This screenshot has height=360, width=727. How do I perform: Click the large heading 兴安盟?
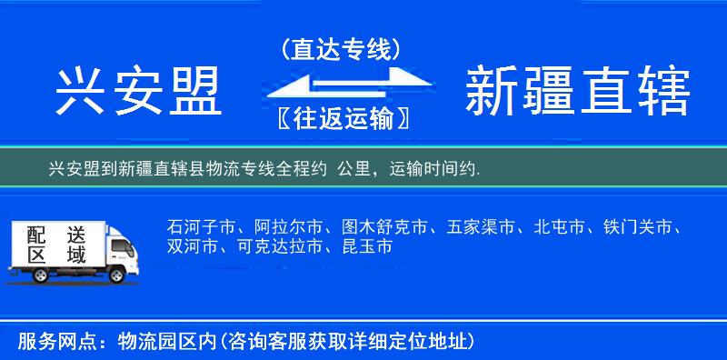(139, 92)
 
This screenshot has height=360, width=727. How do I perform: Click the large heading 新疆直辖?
(577, 92)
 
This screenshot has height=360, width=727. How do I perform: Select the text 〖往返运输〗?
(342, 118)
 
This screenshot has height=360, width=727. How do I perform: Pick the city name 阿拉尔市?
(288, 226)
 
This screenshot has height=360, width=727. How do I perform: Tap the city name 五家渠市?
(481, 226)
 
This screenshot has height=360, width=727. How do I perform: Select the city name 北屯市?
(559, 226)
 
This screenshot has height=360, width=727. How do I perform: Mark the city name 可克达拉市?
(279, 246)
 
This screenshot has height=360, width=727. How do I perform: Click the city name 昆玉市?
(366, 246)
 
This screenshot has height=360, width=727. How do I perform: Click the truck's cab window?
(119, 244)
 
